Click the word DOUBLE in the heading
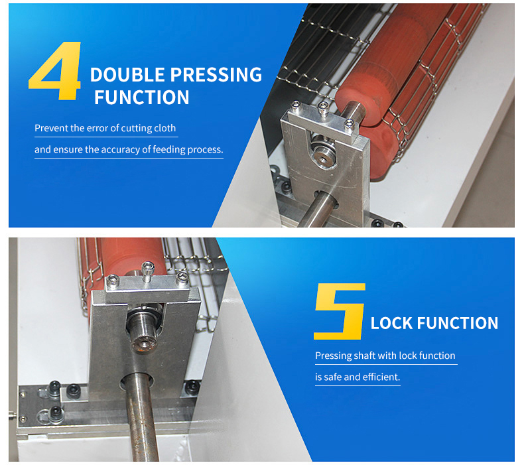coord(127,74)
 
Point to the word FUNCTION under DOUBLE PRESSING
coord(142,98)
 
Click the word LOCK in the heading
coord(391,323)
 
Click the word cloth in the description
coord(164,128)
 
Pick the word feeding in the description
coord(169,150)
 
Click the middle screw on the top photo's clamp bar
coord(323,108)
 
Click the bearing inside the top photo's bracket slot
coord(323,152)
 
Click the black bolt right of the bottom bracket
coord(192,387)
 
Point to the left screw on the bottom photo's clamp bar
coord(113,281)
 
